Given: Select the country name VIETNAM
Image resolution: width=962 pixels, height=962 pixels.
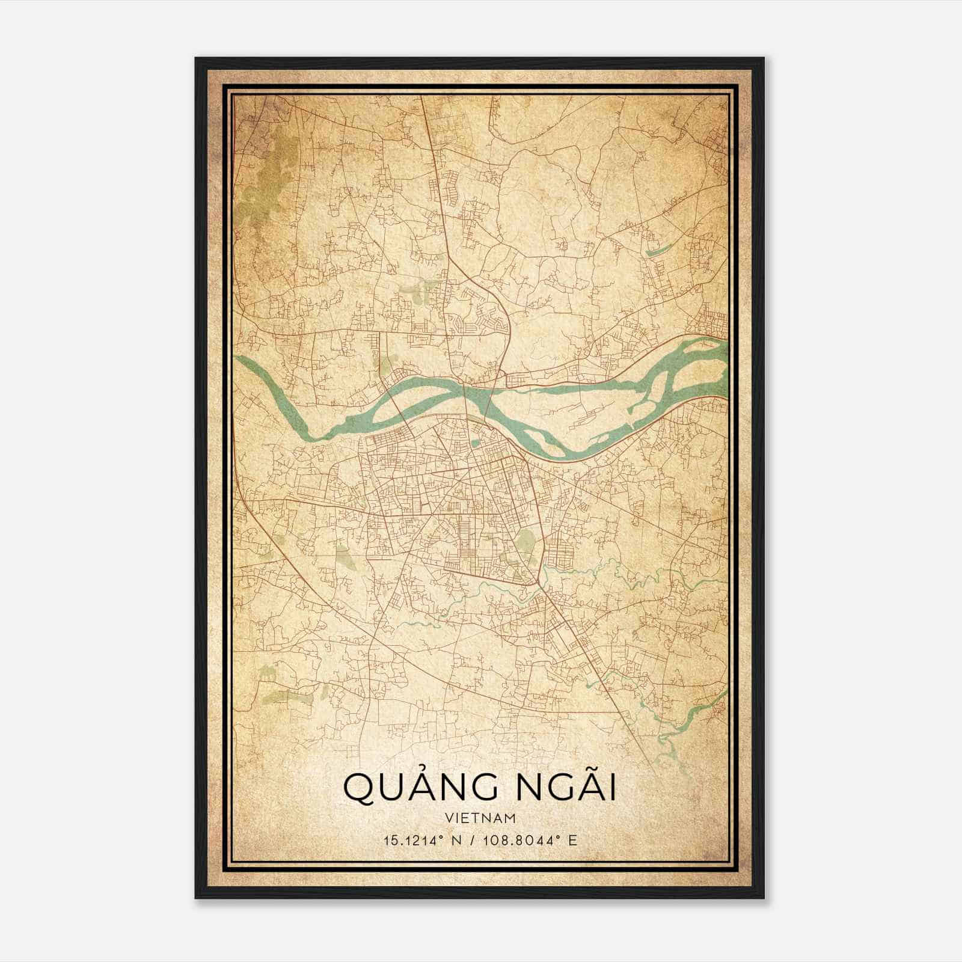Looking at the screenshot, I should (x=481, y=818).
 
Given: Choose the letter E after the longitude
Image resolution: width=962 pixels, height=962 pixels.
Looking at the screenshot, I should (x=573, y=840).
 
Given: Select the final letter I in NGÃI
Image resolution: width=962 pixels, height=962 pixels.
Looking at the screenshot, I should (x=612, y=788).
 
